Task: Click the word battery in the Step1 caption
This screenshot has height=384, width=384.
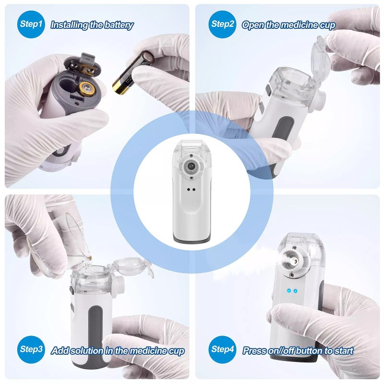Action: coord(118,25)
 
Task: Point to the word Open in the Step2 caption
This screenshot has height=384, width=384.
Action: coord(253,25)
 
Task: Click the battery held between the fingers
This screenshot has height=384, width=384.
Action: coord(131,73)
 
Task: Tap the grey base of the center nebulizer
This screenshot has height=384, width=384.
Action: coord(192,239)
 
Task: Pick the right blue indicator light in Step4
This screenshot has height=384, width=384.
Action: coord(296,291)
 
